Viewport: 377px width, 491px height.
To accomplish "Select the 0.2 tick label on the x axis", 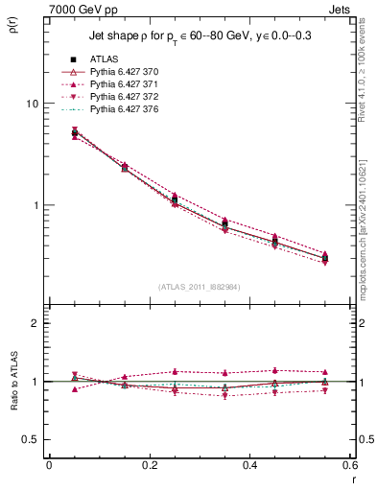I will pyautogui.click(x=150, y=465).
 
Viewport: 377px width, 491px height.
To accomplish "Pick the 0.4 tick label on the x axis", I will pyautogui.click(x=249, y=465).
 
